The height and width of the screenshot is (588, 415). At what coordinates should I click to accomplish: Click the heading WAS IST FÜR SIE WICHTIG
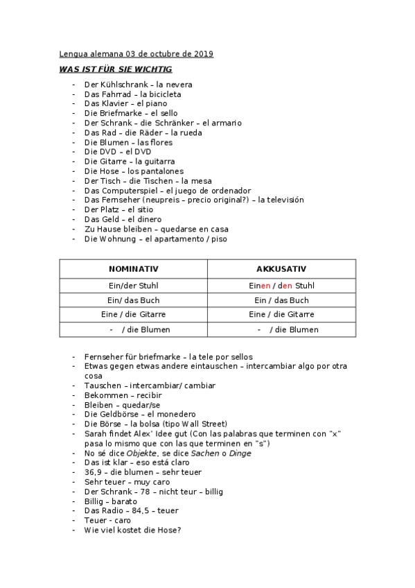(116, 69)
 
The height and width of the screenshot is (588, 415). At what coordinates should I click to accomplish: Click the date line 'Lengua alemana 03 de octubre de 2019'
(136, 53)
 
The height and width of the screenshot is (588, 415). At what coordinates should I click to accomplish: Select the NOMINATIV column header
(133, 269)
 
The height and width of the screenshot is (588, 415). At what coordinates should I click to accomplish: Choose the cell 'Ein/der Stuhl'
(133, 285)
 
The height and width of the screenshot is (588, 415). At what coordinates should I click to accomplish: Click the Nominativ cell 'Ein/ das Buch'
(133, 300)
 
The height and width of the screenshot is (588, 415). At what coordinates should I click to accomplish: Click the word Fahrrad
(114, 94)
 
